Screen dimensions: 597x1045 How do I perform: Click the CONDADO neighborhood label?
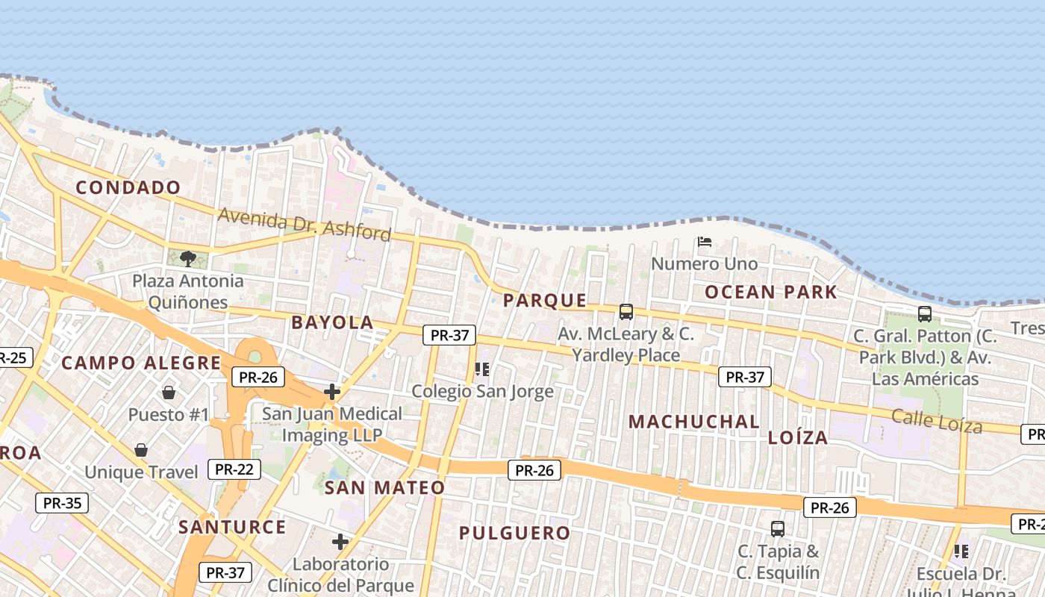coord(128,187)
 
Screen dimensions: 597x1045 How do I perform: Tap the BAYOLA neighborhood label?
coord(332,322)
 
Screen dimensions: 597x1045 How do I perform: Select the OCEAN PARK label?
coord(771,292)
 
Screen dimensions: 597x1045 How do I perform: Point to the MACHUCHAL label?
coord(693,422)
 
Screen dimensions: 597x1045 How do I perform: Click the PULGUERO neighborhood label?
coord(514,533)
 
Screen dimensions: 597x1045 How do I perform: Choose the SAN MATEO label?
coord(384,487)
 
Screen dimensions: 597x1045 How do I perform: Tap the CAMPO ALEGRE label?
coord(141,363)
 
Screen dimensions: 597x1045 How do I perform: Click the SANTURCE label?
coord(232,527)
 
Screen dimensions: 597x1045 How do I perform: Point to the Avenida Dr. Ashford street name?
coord(305,225)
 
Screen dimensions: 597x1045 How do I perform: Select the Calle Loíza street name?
coord(937,422)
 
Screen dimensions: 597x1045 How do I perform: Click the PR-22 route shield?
coord(234,469)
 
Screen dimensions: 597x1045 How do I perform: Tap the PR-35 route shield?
coord(62,502)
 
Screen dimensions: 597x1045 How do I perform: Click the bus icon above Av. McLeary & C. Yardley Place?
coord(626,312)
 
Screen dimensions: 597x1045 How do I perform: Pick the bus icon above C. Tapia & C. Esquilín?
coord(778,529)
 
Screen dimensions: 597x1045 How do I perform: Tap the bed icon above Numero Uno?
coord(704,242)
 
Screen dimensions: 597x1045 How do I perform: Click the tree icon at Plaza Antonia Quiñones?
coord(188,259)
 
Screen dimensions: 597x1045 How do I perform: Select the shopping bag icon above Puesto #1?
coord(169,393)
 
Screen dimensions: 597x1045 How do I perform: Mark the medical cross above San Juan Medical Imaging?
coord(332,391)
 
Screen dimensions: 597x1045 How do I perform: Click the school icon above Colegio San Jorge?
coord(482,369)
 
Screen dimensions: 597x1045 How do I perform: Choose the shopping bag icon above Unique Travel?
coord(141,450)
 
